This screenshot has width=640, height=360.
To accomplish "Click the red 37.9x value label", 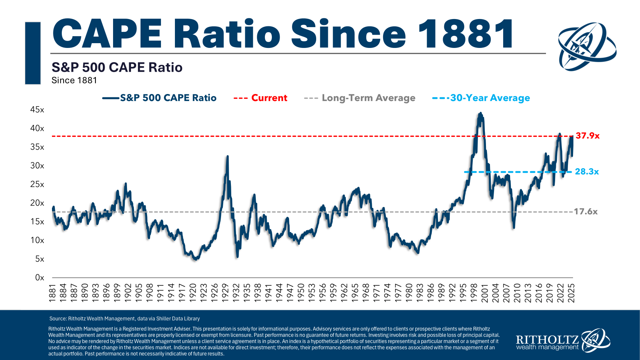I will (x=587, y=136).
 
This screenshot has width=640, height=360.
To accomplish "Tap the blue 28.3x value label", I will (x=587, y=172).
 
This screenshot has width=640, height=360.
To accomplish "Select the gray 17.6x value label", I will (x=585, y=211).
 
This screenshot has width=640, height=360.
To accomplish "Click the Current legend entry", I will (x=269, y=98).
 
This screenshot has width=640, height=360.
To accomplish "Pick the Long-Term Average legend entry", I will (x=368, y=98).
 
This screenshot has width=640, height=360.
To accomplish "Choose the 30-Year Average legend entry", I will (x=490, y=98).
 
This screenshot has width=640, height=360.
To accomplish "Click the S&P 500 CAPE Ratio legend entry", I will (x=168, y=98).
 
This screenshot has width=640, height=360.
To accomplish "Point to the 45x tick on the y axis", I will (x=37, y=110).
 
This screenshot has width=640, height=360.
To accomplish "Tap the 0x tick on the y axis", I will (x=40, y=278).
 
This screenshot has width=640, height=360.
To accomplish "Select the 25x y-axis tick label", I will (x=37, y=184).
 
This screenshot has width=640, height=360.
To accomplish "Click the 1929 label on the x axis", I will (x=225, y=293).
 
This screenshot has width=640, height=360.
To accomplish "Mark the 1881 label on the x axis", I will (x=52, y=293).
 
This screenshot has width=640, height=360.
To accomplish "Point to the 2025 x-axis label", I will (x=571, y=293).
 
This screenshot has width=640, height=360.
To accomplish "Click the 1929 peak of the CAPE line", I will (x=227, y=156).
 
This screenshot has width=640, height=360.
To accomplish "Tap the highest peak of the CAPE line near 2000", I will (x=480, y=113).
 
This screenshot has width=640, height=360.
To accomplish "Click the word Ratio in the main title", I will (x=227, y=34).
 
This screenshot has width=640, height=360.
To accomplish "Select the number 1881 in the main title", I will (x=466, y=34).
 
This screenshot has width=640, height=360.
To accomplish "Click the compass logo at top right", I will (x=587, y=46).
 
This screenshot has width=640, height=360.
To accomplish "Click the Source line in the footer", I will (x=124, y=319).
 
